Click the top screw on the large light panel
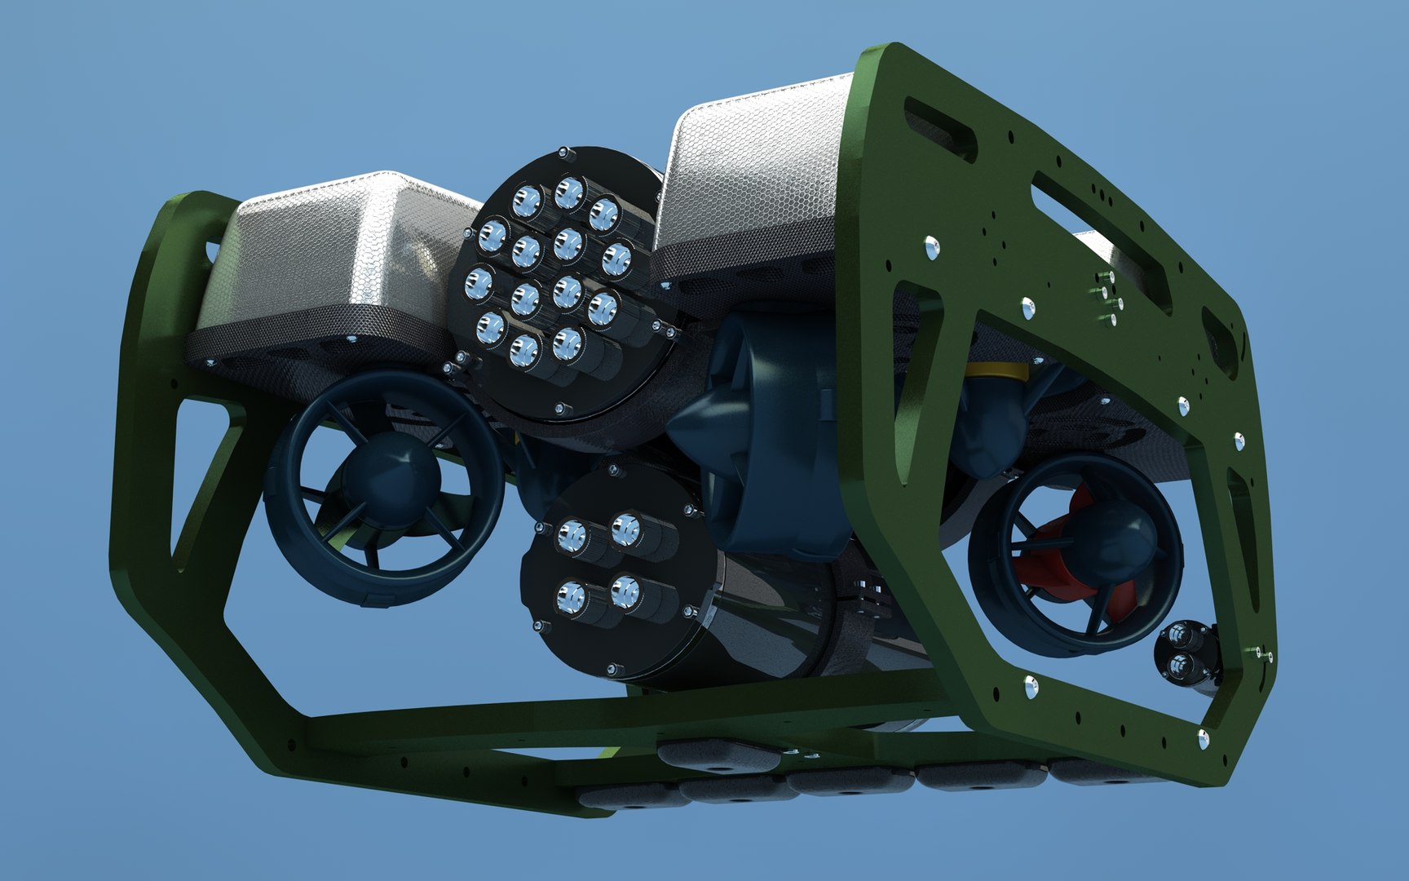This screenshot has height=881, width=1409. coord(563,152)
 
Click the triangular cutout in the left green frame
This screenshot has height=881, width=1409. coord(200,473)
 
